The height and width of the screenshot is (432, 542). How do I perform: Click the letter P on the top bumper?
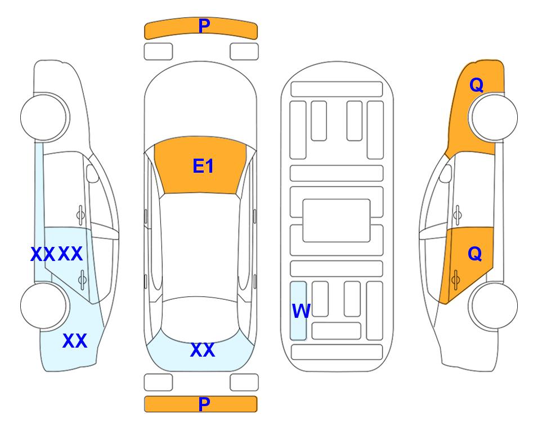click(x=204, y=25)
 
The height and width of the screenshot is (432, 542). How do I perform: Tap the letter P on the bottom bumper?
click(x=204, y=404)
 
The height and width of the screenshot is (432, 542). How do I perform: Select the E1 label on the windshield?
click(x=203, y=166)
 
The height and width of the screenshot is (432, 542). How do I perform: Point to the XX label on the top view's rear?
click(x=203, y=350)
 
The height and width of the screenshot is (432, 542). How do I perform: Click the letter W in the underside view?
click(x=301, y=310)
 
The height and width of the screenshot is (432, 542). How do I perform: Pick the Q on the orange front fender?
click(x=476, y=85)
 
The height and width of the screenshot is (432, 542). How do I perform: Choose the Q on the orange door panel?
click(x=474, y=254)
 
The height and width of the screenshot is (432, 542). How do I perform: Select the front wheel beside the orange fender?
click(x=493, y=117)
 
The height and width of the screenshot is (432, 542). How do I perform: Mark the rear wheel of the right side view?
click(x=493, y=305)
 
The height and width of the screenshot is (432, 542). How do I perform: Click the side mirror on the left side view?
click(x=92, y=173)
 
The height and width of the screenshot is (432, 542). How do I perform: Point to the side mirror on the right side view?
click(x=446, y=173)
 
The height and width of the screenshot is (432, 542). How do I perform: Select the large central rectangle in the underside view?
click(x=337, y=220)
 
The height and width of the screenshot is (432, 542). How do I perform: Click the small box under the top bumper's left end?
click(x=158, y=52)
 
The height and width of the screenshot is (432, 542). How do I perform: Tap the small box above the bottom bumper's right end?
click(x=244, y=382)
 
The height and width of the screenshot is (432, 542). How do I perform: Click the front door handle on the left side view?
click(x=80, y=215)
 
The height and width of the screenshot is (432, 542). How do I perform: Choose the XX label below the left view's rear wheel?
click(x=75, y=341)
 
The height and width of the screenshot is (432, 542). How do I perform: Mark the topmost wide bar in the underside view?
click(x=337, y=89)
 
